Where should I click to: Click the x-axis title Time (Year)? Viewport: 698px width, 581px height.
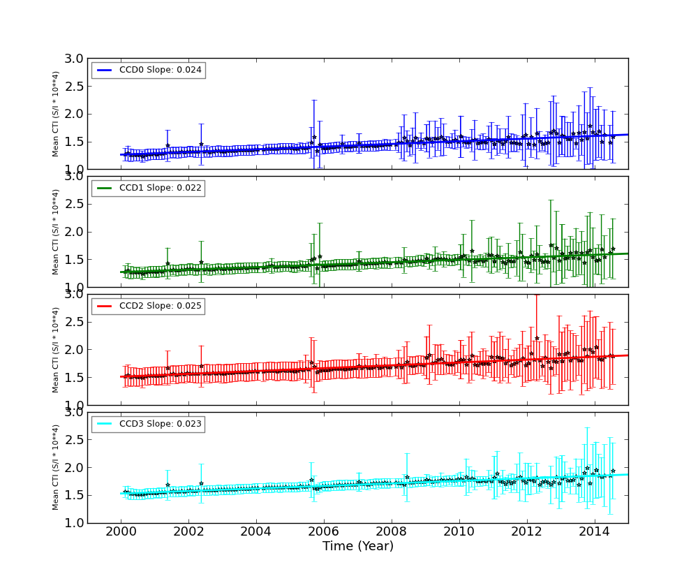point(357,546)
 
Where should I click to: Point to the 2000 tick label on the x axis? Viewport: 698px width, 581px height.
point(121,532)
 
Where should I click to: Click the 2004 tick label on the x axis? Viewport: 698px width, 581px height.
point(256,532)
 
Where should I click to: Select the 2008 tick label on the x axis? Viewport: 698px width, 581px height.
point(392,532)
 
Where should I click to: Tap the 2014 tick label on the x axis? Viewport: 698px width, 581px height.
point(595,532)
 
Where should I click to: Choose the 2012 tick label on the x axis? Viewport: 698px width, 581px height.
point(527,532)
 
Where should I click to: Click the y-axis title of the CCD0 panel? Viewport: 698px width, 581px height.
point(56,114)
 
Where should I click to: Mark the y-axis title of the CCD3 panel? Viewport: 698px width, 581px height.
point(56,467)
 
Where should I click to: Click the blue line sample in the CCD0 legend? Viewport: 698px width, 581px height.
point(105,70)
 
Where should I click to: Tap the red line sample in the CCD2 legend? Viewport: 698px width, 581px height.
point(105,306)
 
